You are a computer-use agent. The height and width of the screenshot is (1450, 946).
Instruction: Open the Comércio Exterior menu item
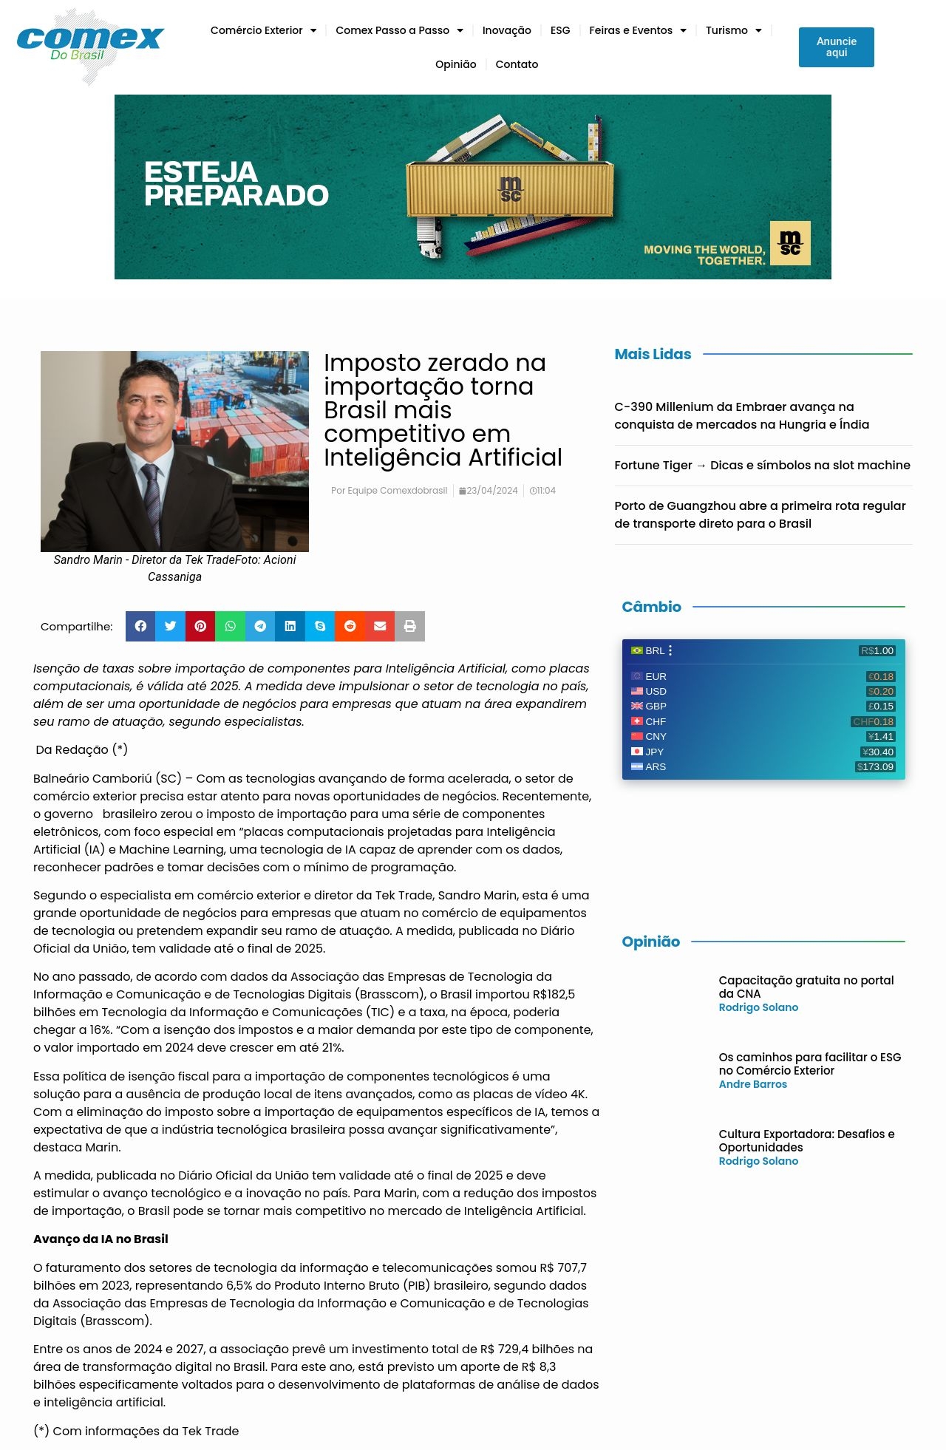click(x=256, y=30)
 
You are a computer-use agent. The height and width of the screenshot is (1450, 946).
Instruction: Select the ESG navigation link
click(x=560, y=30)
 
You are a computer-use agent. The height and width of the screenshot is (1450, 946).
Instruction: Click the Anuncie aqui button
click(x=836, y=47)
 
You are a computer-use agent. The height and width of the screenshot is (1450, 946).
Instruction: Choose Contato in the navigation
click(x=517, y=64)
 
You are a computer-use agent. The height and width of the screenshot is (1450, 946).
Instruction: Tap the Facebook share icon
click(x=140, y=626)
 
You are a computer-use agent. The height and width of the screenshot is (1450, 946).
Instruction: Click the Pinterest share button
click(x=200, y=626)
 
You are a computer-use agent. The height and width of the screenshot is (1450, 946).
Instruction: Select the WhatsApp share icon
click(x=230, y=626)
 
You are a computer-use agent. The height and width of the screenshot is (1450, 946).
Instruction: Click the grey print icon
click(x=409, y=626)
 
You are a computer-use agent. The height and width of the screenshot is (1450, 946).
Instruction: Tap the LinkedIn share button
click(x=290, y=626)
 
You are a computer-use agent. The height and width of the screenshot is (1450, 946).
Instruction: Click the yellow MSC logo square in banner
click(x=790, y=243)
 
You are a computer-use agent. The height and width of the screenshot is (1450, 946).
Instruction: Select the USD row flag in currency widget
click(x=636, y=691)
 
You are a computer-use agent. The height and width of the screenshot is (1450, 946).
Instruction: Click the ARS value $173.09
click(x=875, y=766)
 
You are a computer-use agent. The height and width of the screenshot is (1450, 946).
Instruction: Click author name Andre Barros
click(x=752, y=1084)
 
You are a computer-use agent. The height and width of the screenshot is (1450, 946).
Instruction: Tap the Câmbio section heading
click(x=651, y=607)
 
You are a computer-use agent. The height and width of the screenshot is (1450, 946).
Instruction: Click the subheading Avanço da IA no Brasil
click(x=101, y=1239)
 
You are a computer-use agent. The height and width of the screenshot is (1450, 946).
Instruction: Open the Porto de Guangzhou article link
click(x=760, y=514)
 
